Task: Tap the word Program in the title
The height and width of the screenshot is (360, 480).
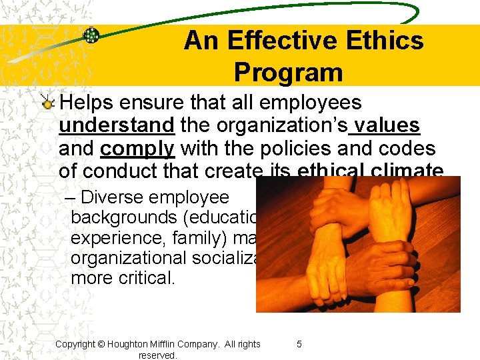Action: point(288,72)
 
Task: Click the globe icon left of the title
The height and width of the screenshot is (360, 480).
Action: point(91,35)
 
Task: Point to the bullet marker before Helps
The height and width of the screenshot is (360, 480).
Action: point(47,104)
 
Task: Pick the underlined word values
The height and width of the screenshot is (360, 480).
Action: point(387,125)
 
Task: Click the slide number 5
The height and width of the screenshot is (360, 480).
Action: point(299,344)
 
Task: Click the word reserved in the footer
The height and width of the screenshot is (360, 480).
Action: point(157,355)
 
